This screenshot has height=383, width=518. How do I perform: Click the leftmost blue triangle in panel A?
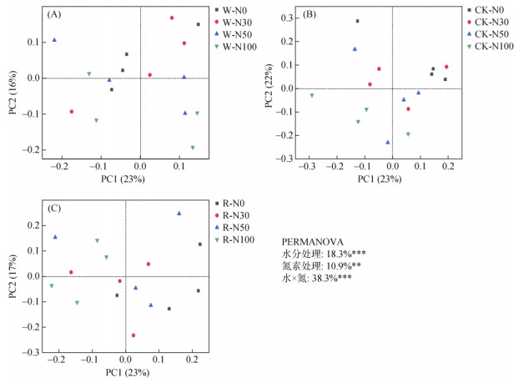click(55, 40)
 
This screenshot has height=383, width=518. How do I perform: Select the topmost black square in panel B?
click(357, 21)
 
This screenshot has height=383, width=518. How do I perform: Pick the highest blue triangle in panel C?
click(179, 214)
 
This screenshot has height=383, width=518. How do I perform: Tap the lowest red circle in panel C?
click(133, 335)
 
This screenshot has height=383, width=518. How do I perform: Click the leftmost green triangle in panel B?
click(312, 95)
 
